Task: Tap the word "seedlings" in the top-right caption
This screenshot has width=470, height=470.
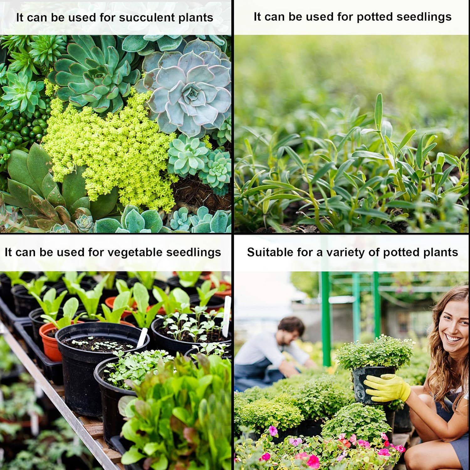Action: click(x=424, y=17)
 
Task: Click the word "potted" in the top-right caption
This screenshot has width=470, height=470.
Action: click(x=374, y=17)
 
